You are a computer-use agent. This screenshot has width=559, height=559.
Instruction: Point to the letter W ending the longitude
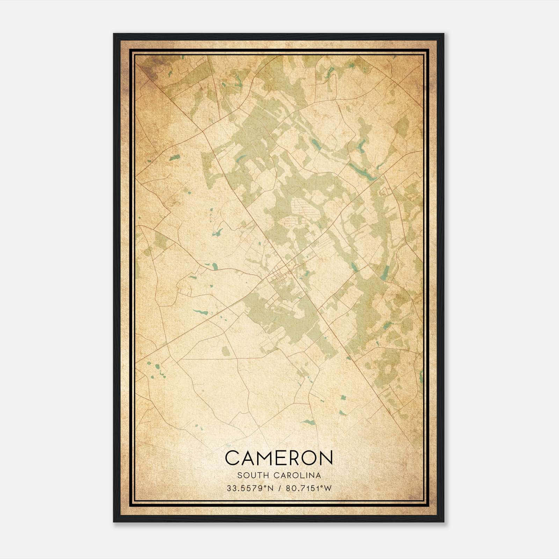(328, 488)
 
